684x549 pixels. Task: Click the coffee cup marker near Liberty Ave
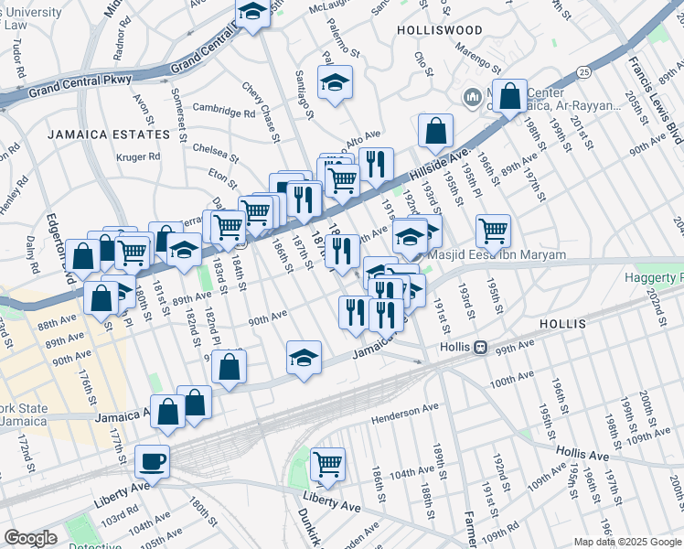152,460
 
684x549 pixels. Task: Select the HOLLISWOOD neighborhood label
440,30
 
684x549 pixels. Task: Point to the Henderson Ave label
405,414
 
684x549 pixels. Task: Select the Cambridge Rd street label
223,113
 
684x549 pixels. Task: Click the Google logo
30,538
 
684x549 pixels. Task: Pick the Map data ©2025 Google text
627,542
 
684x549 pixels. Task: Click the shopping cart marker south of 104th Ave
327,464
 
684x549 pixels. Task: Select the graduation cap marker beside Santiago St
336,84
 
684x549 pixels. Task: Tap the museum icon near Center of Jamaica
473,96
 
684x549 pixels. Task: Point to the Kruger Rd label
138,156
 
